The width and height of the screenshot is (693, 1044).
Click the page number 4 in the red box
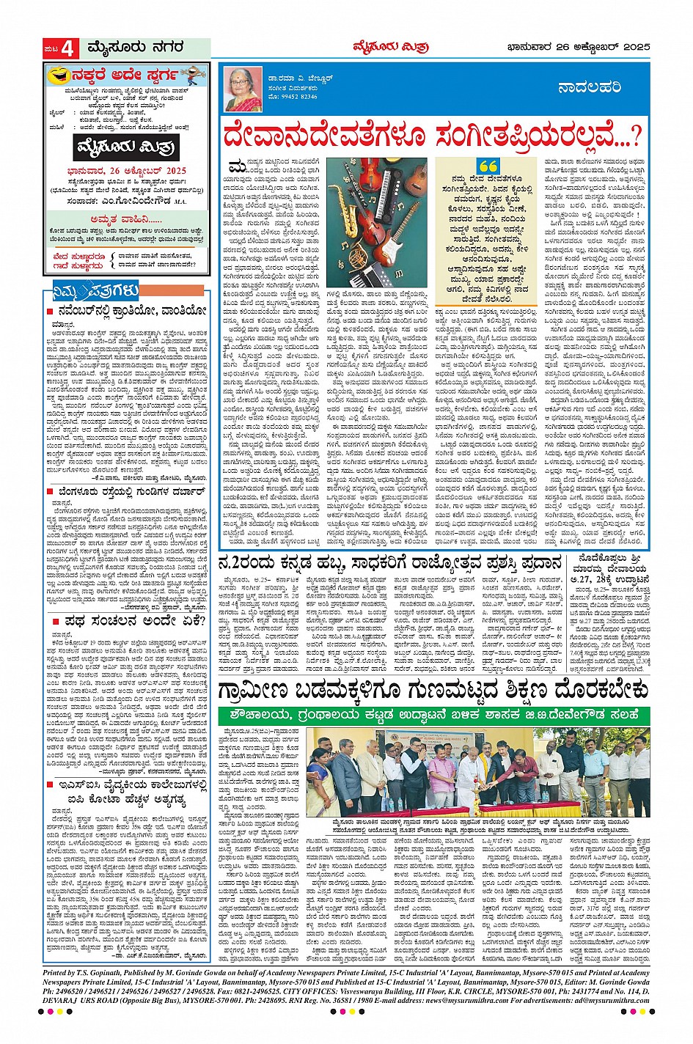click(67, 48)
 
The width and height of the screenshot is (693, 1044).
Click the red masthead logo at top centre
click(401, 48)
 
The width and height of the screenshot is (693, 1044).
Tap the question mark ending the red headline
click(632, 137)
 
